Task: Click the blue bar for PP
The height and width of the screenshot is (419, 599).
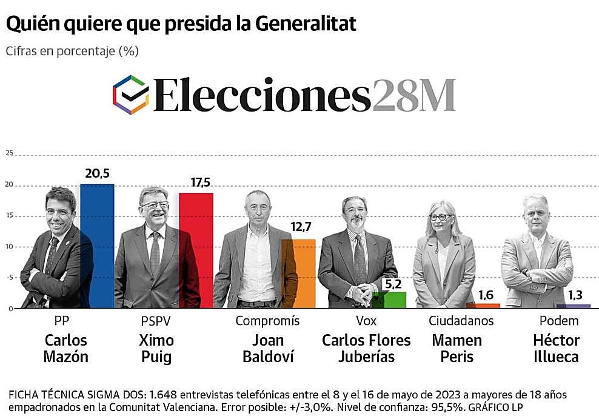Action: tap(98, 246)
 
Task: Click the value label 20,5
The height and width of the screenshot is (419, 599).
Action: tap(97, 174)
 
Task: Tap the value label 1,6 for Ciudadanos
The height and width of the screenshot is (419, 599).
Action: tap(486, 295)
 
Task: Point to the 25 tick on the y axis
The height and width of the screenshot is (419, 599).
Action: tap(9, 153)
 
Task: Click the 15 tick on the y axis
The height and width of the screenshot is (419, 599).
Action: tap(9, 216)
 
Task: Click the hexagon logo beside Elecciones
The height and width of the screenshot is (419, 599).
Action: tap(131, 95)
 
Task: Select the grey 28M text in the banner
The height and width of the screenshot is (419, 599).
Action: tap(413, 96)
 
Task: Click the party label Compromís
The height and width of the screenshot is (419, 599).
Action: tap(267, 321)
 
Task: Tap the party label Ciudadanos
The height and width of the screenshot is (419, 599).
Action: tap(461, 321)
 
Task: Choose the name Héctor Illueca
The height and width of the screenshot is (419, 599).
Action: tap(556, 348)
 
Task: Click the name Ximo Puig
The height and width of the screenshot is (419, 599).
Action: tap(156, 348)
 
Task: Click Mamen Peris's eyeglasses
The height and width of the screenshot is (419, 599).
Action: tap(440, 217)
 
